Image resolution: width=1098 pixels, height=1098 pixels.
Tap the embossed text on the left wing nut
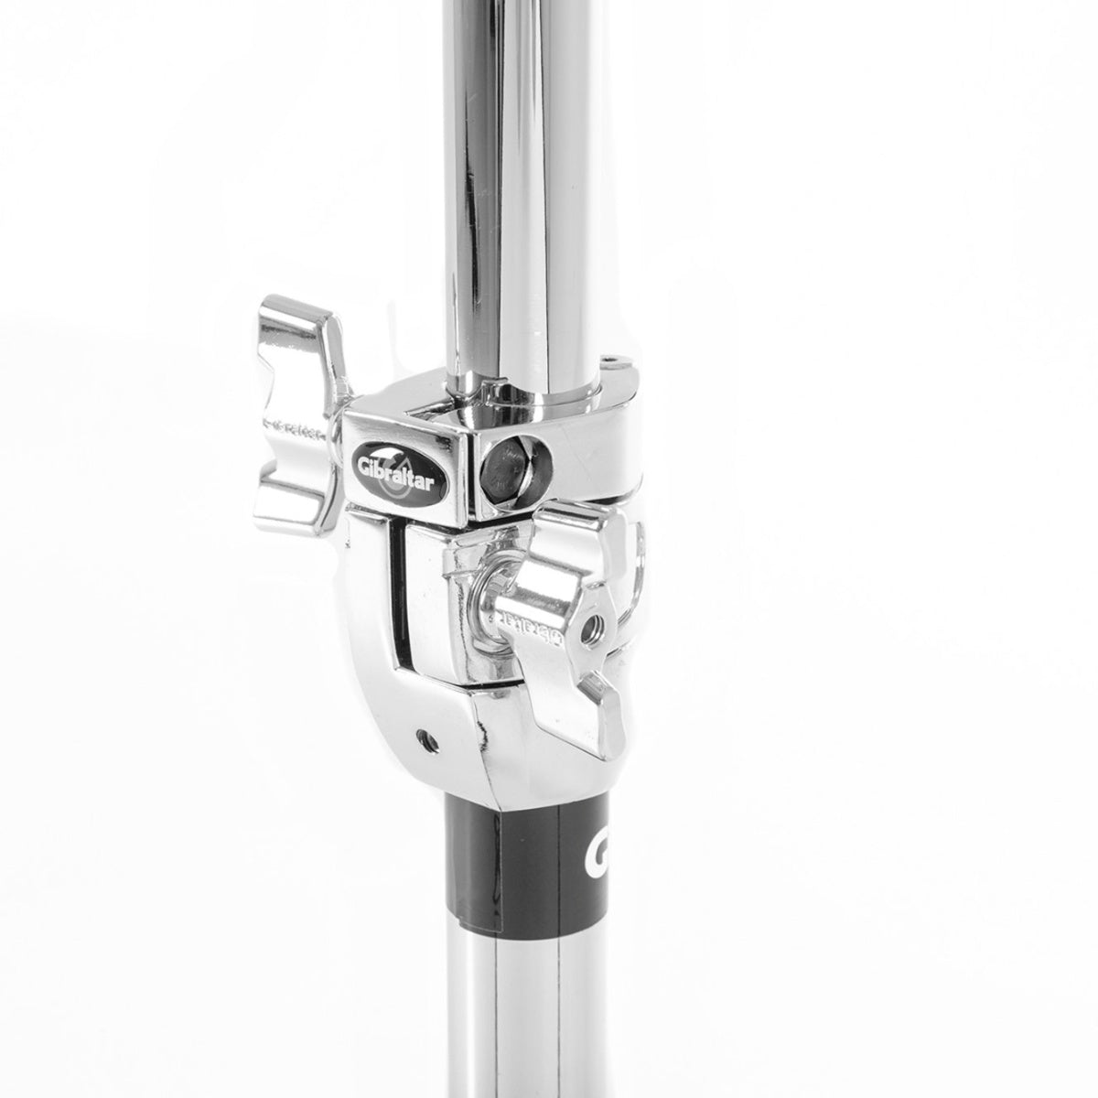point(295,425)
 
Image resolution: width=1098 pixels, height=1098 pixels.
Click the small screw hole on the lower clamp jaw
point(422,735)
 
